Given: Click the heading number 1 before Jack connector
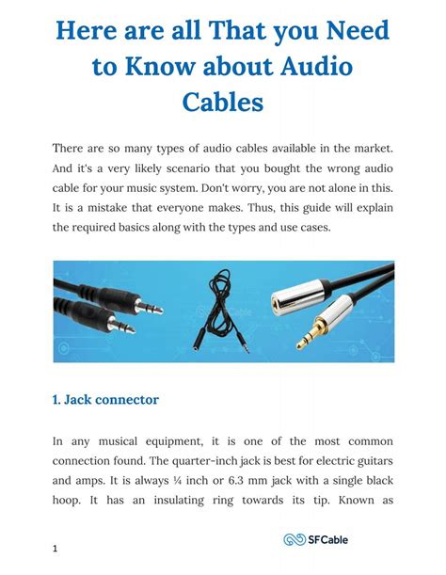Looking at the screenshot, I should coord(56,400).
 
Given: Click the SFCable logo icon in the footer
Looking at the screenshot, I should coord(293,539).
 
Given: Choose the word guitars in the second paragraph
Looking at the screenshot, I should coord(369,460).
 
